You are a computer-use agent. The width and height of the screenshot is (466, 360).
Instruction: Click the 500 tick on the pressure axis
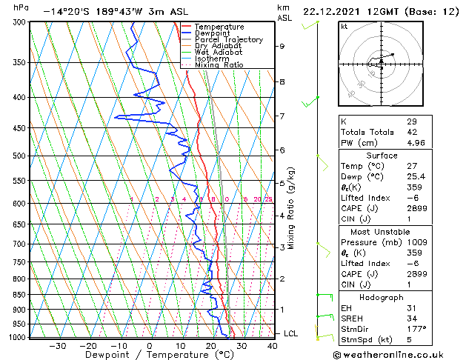(x=16, y=156)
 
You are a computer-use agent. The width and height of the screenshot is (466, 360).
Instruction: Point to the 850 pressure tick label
(x=16, y=295)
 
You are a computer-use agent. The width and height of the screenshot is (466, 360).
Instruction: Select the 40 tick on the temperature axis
(x=272, y=345)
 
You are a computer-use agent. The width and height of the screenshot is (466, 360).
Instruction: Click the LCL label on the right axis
(x=290, y=333)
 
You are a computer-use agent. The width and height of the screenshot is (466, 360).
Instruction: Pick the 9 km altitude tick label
(x=282, y=46)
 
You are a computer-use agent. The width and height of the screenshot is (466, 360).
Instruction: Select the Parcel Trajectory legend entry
(x=228, y=40)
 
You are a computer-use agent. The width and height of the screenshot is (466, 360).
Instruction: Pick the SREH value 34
(x=411, y=318)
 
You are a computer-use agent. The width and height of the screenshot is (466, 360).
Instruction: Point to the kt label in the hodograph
(x=344, y=27)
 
